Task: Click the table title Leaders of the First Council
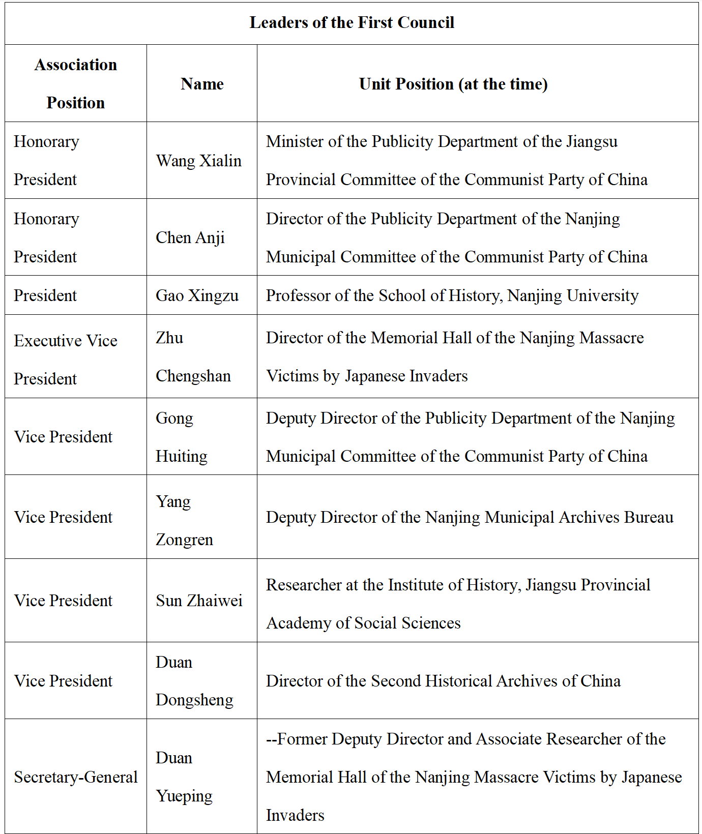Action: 352,23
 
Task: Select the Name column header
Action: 202,84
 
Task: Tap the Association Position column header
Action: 76,83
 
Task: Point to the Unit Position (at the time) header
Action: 453,84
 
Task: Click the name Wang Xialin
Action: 198,161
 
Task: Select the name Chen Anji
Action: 190,237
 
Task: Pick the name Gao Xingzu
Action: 197,295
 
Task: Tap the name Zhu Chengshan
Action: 193,356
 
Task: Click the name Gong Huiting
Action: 181,437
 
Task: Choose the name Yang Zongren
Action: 184,520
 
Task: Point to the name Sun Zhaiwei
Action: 199,601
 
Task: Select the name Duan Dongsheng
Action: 194,681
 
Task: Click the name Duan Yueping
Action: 184,777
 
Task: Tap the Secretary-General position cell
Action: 76,777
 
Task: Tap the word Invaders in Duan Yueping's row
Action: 295,815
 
